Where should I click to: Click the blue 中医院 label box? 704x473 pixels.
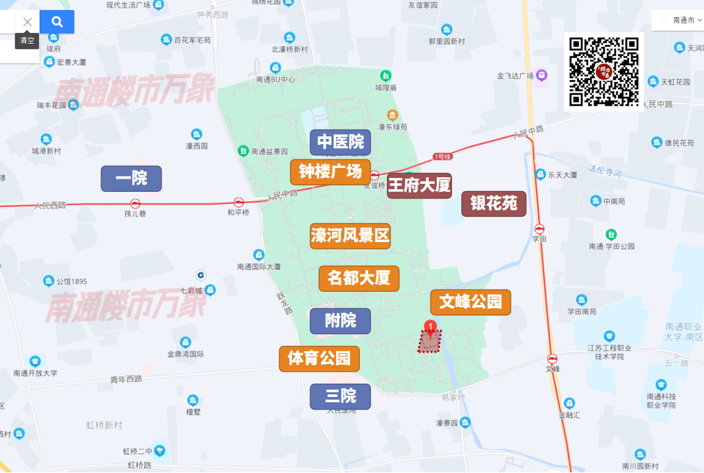(340, 142)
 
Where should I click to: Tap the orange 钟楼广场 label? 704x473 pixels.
(330, 172)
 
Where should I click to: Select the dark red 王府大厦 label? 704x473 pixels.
(419, 185)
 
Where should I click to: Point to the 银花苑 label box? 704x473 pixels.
(494, 204)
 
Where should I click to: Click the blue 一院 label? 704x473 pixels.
(131, 179)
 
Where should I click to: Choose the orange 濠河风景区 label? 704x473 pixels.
(350, 236)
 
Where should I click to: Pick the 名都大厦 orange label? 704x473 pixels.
(359, 279)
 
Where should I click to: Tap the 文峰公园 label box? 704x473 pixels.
(470, 302)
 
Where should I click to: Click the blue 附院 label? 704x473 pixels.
(340, 321)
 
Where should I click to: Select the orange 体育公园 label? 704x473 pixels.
(319, 359)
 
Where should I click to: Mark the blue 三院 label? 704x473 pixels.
(340, 396)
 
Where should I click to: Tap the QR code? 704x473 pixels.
(604, 72)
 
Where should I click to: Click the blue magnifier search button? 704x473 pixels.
(57, 22)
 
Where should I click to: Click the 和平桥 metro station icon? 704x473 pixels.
(239, 202)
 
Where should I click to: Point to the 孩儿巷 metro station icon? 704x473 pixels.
(135, 204)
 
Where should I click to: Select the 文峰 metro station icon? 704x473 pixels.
(552, 359)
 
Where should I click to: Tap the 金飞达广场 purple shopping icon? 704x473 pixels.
(542, 76)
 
